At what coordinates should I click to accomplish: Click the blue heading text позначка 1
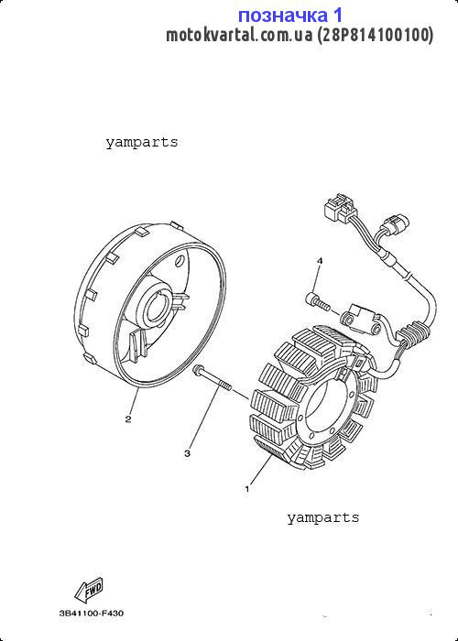click(x=290, y=16)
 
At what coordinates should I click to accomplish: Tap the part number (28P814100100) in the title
click(x=375, y=35)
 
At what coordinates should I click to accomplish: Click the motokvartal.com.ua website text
click(x=239, y=35)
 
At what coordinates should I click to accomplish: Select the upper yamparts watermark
click(x=142, y=143)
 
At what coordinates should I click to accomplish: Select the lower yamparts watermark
click(x=323, y=517)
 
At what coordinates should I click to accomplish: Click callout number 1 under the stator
click(x=247, y=488)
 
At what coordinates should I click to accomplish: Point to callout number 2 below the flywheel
click(x=128, y=419)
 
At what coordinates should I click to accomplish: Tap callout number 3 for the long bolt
click(x=187, y=453)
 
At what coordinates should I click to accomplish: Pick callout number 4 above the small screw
click(x=320, y=260)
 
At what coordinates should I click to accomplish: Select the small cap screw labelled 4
click(x=317, y=301)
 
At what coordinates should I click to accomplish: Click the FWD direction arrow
click(x=89, y=592)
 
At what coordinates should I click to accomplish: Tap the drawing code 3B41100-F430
click(x=92, y=614)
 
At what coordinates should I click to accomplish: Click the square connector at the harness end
click(x=340, y=208)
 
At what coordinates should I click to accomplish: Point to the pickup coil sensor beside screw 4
click(x=362, y=320)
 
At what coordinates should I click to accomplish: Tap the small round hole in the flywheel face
click(x=180, y=261)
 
